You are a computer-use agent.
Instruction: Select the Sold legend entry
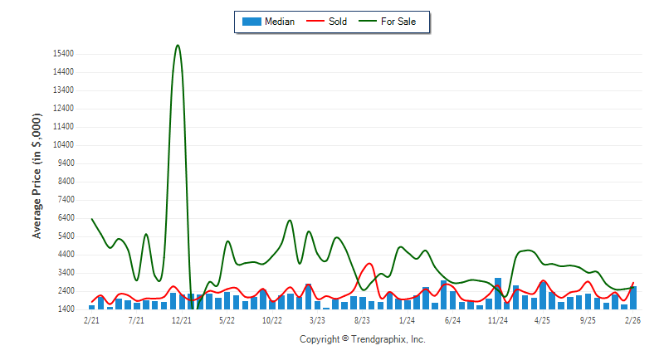pyautogui.click(x=329, y=22)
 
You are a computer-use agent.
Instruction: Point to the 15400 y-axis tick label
pyautogui.click(x=62, y=54)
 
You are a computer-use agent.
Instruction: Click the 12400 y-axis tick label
pyautogui.click(x=62, y=109)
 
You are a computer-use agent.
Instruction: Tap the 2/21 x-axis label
pyautogui.click(x=92, y=319)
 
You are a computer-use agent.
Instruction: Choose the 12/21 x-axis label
pyautogui.click(x=182, y=319)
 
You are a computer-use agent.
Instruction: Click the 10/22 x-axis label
pyautogui.click(x=272, y=319)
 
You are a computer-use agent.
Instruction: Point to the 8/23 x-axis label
pyautogui.click(x=362, y=319)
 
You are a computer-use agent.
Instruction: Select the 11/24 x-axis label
pyautogui.click(x=498, y=319)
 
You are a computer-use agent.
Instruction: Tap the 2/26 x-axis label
pyautogui.click(x=632, y=319)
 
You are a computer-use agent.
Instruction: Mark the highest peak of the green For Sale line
pyautogui.click(x=178, y=46)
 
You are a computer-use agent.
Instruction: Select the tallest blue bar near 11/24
pyautogui.click(x=498, y=294)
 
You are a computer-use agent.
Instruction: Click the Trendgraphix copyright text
pyautogui.click(x=362, y=339)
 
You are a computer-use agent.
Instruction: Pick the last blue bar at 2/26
pyautogui.click(x=633, y=298)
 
